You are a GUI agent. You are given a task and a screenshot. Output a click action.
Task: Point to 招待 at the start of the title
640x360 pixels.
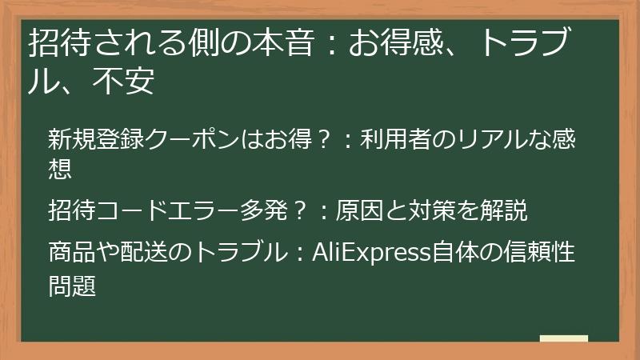(54, 43)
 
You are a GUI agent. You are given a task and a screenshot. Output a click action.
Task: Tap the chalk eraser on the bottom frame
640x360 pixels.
(563, 339)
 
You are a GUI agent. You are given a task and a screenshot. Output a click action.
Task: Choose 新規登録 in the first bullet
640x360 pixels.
(95, 139)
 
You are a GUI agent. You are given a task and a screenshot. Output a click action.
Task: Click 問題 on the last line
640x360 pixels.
(71, 286)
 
